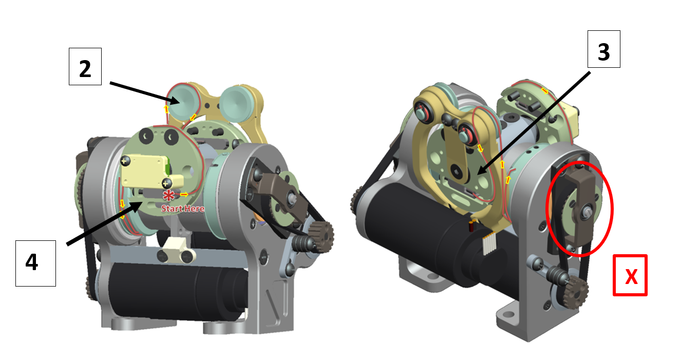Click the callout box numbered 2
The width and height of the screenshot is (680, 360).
85,66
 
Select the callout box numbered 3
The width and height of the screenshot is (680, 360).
604,49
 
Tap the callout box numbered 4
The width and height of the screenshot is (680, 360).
35,263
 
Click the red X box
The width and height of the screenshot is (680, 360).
630,275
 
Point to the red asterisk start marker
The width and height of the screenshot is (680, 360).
168,195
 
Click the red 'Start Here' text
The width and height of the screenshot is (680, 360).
182,209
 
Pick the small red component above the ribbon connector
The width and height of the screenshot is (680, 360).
471,226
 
